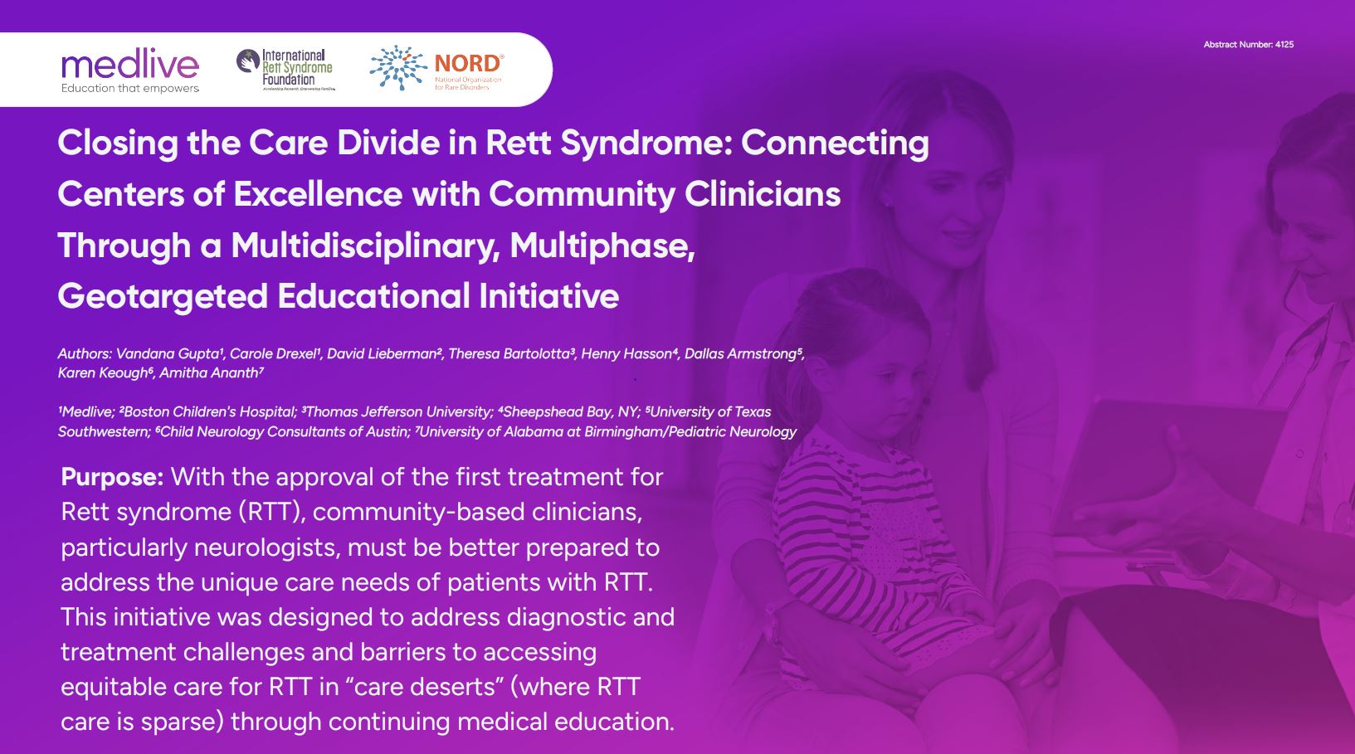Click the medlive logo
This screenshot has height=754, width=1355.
coord(130,71)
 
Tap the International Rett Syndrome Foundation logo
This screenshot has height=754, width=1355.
coord(285,70)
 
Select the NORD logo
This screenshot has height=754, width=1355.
coord(436,68)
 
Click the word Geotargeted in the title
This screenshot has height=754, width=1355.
coord(163,297)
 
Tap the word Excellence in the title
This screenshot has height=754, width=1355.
coord(318,194)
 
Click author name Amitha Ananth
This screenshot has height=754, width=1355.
coord(211,373)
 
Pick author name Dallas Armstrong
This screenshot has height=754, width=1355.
coord(742,353)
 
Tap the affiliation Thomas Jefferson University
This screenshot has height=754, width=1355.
coord(398,412)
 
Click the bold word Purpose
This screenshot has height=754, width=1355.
coord(112,478)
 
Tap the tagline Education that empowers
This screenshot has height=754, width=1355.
coord(130,88)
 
